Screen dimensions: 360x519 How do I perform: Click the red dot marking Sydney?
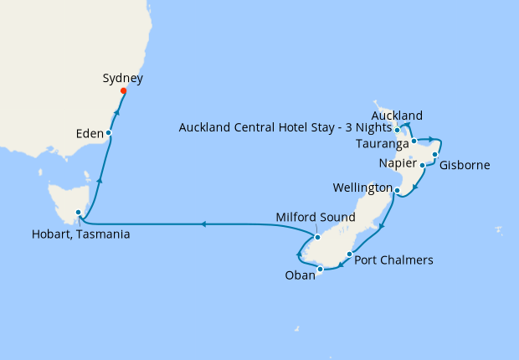point(123,91)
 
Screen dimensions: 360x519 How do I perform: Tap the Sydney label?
point(122,79)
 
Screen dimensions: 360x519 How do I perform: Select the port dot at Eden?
point(109,133)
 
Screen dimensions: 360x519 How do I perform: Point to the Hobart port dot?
point(79,213)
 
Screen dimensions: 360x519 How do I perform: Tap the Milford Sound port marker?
point(317,237)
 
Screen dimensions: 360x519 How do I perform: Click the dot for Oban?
point(320,270)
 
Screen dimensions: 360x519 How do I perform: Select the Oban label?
point(298,275)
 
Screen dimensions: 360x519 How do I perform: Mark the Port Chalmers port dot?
point(348,252)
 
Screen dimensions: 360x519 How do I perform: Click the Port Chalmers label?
point(393,260)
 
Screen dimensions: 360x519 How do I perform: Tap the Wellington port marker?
point(396,191)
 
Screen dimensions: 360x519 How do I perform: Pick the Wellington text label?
point(361,186)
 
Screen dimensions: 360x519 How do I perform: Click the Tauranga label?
point(382,144)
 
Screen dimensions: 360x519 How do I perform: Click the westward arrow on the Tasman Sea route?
point(202,224)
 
